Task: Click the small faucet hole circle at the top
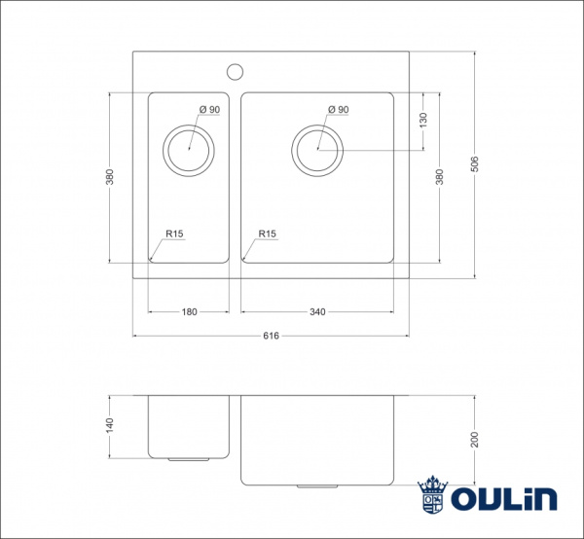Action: [234, 70]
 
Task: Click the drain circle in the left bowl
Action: [188, 150]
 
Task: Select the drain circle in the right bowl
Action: [317, 150]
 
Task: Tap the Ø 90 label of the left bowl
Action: [209, 110]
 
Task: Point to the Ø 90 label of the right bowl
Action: [338, 110]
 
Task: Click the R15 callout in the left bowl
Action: [175, 234]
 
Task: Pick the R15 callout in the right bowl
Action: [269, 234]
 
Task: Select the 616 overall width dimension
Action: [271, 336]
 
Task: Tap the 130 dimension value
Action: [423, 121]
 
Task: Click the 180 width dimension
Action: [189, 312]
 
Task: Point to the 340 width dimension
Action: [317, 312]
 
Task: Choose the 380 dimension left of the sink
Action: [110, 177]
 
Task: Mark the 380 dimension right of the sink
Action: [440, 177]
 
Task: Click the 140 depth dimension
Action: [110, 425]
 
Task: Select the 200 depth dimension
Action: [474, 439]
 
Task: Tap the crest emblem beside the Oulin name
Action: [432, 495]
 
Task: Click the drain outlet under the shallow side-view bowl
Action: [188, 457]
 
